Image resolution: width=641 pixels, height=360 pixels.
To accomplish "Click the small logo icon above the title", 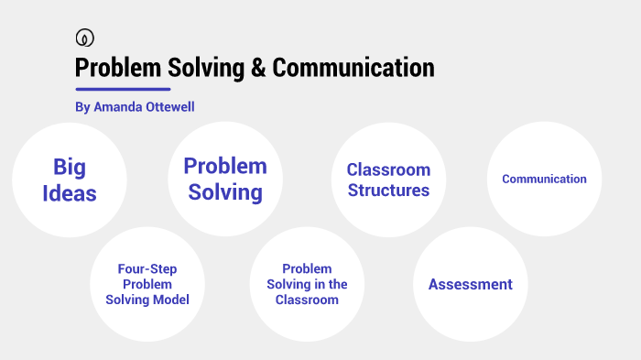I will pos(84,38).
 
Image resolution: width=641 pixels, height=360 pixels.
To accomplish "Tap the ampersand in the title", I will pos(257,68).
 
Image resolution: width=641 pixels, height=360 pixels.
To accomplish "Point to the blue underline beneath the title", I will pos(123,89).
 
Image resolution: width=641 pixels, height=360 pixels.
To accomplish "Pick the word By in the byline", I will pos(82,107).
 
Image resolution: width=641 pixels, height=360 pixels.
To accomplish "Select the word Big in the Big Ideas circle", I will pos(69,167).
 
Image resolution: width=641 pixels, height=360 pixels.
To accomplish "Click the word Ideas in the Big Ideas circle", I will pos(69,192).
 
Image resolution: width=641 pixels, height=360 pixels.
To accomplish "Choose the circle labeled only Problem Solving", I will pos(225,179).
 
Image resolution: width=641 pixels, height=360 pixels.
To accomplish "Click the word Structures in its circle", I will pos(388,191).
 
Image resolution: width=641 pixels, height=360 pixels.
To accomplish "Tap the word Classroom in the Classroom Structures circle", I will pos(388,169).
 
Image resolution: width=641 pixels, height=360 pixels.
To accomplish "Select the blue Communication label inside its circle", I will pos(544,179).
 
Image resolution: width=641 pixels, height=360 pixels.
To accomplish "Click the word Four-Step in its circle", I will pos(147,269).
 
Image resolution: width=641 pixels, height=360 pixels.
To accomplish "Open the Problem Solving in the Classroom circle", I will pos(307,284).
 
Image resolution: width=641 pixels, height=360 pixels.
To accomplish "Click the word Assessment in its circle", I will pos(471,284).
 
